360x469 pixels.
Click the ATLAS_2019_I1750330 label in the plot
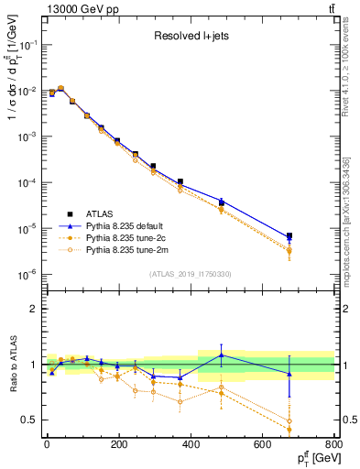coord(190,273)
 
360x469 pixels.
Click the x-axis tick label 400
coord(191,448)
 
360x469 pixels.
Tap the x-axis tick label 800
coord(333,448)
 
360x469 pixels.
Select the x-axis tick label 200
coord(118,448)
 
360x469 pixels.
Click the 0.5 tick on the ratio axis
coord(31,420)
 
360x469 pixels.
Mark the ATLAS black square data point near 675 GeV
coord(289,236)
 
